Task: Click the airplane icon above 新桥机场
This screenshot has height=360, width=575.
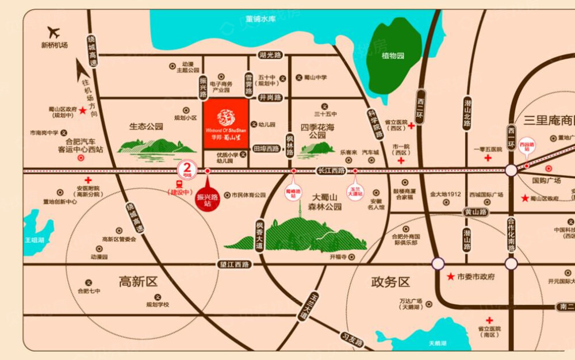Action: (55, 31)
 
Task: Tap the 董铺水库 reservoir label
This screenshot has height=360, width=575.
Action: (260, 18)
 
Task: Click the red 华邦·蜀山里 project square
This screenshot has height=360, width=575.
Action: (226, 123)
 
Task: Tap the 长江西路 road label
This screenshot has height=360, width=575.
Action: (331, 171)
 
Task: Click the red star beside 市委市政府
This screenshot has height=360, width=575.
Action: (451, 277)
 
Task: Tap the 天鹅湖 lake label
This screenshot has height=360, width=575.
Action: (438, 344)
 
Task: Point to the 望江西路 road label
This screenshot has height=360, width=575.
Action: (235, 265)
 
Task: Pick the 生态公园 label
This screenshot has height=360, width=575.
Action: (146, 127)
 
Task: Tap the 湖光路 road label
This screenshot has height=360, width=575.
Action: (270, 55)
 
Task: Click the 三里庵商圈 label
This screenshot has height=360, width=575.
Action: (549, 121)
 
